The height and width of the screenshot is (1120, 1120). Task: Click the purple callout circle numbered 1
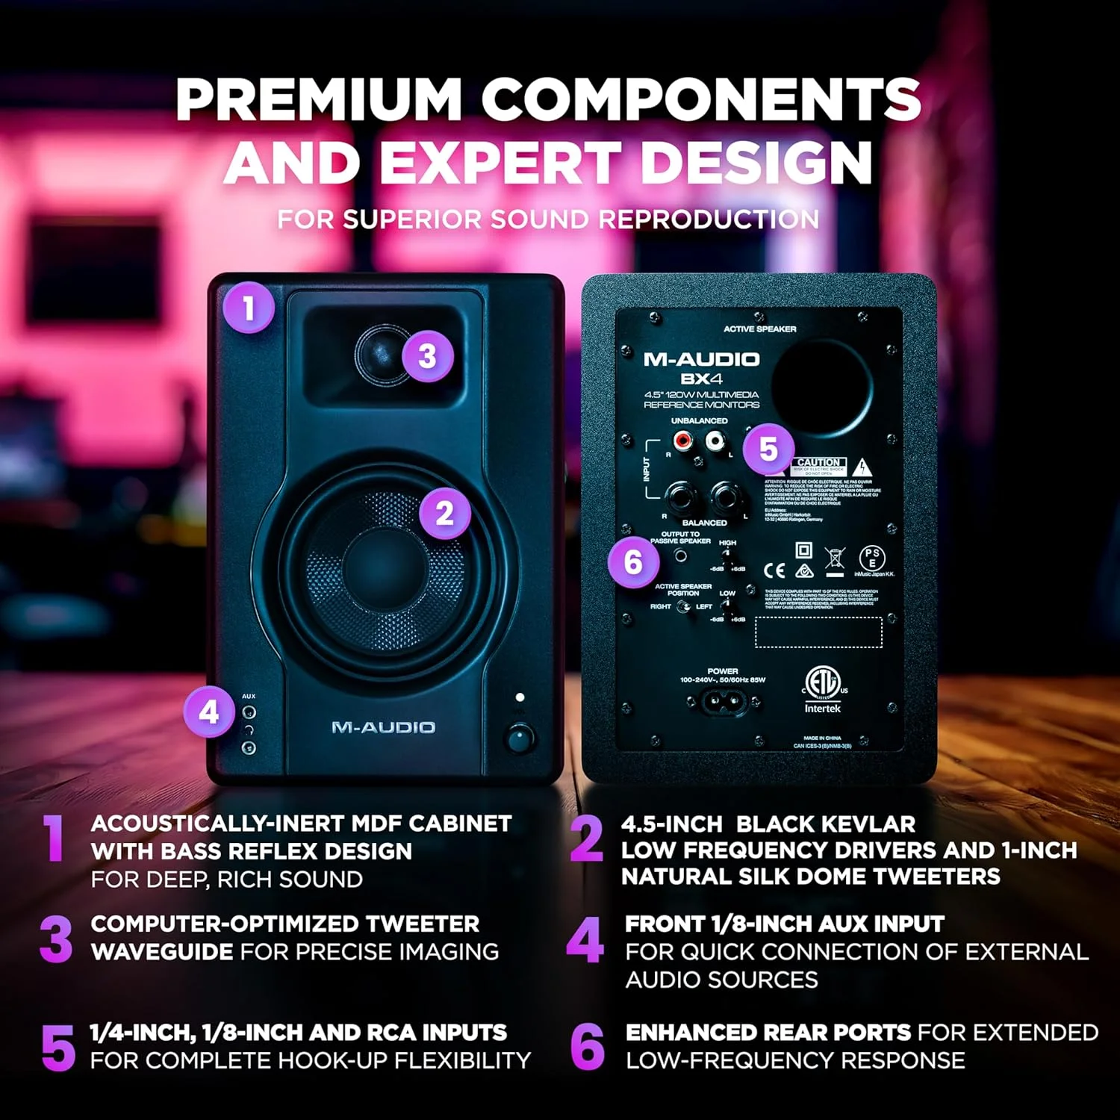[249, 307]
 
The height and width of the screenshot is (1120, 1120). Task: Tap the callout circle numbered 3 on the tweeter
[427, 356]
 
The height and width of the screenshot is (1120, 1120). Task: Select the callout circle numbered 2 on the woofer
[444, 513]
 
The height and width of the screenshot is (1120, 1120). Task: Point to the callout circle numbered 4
[209, 712]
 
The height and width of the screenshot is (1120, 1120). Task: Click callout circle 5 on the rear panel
[768, 449]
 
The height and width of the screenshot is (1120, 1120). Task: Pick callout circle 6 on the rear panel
[632, 561]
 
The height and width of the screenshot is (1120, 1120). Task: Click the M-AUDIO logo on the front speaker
[383, 727]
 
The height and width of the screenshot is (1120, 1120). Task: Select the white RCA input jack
[715, 441]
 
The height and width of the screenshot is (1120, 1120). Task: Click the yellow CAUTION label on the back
[818, 463]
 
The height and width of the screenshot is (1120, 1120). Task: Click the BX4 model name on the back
[700, 379]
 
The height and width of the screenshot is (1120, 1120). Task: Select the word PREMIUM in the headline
[319, 99]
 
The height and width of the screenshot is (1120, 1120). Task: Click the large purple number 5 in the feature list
[58, 1047]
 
